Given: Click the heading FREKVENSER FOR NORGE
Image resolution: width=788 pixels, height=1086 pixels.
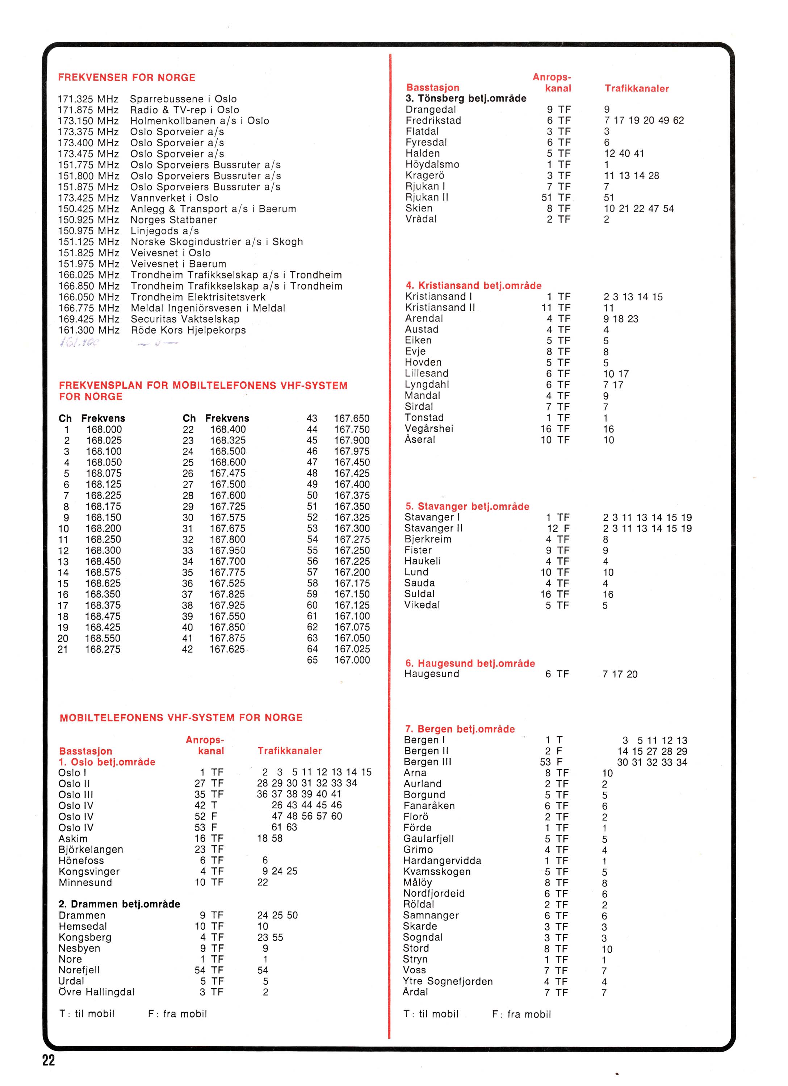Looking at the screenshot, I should click(126, 77).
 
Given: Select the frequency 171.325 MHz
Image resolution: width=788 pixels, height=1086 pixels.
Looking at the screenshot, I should click(88, 99).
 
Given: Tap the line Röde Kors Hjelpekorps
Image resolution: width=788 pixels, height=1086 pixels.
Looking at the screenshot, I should click(188, 331).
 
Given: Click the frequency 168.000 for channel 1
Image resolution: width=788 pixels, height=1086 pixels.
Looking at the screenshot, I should click(104, 430).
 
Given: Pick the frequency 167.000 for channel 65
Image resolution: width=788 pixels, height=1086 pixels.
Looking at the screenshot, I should click(352, 660).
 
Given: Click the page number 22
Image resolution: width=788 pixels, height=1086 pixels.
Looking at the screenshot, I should click(49, 1060).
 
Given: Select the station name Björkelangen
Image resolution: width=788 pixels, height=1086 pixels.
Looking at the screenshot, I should click(91, 850).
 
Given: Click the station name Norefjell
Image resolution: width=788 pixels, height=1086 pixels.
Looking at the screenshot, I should click(80, 970).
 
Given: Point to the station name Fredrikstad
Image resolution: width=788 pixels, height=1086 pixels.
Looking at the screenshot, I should click(433, 121).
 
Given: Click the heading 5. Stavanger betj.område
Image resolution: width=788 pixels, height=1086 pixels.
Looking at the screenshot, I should click(467, 506).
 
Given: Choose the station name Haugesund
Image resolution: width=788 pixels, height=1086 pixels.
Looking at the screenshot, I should click(432, 674).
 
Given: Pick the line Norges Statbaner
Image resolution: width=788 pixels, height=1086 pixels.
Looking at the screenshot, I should click(173, 220).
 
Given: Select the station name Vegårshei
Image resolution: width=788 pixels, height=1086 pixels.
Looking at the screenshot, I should click(429, 429).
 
